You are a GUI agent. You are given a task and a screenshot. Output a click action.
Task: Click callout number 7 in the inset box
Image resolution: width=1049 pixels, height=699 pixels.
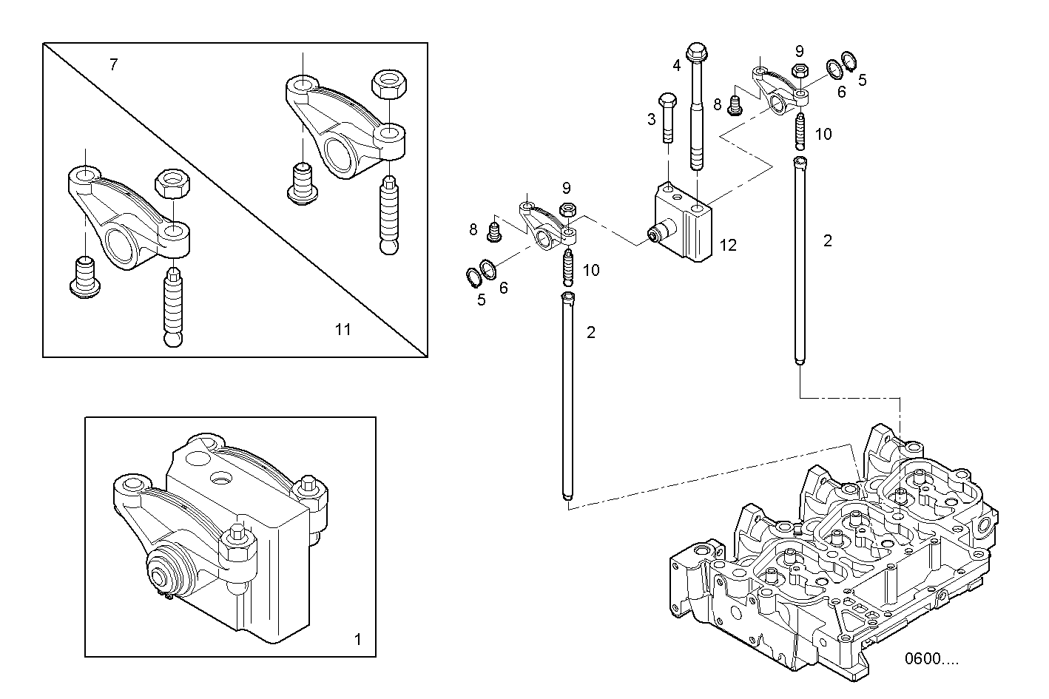[113, 65]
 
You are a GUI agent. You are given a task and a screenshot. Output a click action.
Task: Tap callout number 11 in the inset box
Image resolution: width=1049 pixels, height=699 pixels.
[342, 329]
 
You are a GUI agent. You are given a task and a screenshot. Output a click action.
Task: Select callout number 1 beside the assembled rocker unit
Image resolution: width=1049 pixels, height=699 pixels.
[358, 639]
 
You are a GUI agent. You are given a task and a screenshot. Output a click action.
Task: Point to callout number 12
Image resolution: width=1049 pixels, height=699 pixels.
[728, 245]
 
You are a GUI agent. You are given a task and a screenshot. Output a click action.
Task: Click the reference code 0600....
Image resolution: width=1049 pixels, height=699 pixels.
[930, 659]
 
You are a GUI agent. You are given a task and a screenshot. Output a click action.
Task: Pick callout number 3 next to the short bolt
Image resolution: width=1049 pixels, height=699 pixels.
[651, 119]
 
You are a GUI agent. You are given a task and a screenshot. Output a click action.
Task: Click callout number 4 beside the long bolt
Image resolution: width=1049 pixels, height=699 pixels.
[676, 65]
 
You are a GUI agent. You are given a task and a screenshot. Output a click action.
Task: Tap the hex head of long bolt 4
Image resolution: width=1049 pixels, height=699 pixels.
[696, 52]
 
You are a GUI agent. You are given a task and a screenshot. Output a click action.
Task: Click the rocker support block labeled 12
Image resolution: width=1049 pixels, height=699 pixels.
[684, 223]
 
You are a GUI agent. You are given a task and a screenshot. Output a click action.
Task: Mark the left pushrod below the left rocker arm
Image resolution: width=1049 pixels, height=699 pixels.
[567, 399]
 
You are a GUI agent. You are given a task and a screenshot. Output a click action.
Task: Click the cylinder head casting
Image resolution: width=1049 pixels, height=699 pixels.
[836, 562]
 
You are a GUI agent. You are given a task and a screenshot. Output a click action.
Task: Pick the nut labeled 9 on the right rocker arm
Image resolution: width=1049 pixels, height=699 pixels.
[799, 72]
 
